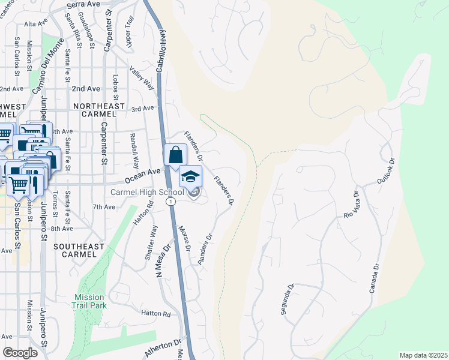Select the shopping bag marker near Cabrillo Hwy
(x=175, y=155)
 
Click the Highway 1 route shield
(x=172, y=202)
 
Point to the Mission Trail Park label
(x=89, y=301)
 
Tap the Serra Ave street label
(x=83, y=4)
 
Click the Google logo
(x=20, y=353)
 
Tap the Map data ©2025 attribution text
(x=423, y=355)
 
